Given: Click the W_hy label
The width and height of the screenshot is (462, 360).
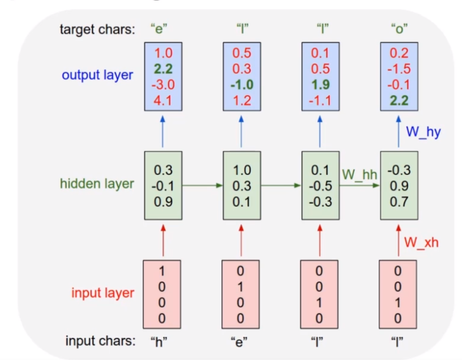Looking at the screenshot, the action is tap(423, 132).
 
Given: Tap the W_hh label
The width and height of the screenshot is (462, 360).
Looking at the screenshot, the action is tap(359, 174).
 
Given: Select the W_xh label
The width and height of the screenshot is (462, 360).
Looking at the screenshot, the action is tap(422, 242).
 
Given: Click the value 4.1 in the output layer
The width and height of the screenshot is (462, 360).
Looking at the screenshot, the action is tap(163, 100).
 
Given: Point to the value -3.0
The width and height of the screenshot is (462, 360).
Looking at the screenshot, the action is tap(163, 85).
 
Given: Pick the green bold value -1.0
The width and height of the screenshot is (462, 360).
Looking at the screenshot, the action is tap(242, 85).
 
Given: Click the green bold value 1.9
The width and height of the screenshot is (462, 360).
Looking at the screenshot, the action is tap(321, 85).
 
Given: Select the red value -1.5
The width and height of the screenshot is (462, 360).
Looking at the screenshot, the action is tap(399, 69).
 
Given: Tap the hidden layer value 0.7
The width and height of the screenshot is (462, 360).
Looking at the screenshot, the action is tap(399, 202).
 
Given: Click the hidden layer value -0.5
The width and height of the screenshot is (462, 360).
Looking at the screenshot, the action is tap(321, 186).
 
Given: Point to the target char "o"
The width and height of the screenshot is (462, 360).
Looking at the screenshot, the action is tap(399, 29).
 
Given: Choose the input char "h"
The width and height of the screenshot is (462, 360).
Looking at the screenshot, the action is tap(159, 342).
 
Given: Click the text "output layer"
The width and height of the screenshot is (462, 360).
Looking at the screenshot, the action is tap(97, 75).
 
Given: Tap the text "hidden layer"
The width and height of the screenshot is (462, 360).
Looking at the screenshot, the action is tap(97, 184).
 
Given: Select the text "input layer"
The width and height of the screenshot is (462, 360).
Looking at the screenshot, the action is tap(103, 293).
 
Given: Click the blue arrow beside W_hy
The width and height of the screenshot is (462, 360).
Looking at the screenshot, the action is tap(398, 132).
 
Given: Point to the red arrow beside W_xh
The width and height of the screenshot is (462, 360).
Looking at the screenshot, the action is tap(398, 241).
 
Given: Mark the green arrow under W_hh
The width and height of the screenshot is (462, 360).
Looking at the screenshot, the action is tap(359, 186).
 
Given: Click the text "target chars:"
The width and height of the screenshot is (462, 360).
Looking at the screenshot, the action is tap(97, 29).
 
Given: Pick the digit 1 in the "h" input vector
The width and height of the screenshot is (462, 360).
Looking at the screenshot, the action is tap(162, 271).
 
